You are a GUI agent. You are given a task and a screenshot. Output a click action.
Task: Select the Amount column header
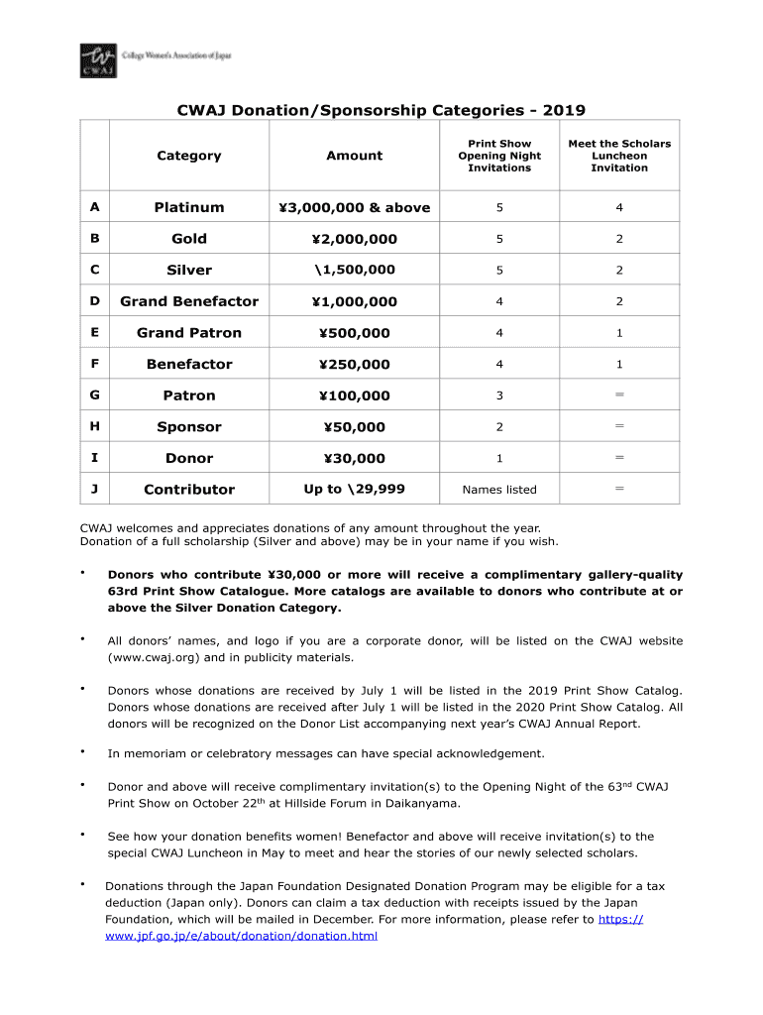pos(354,156)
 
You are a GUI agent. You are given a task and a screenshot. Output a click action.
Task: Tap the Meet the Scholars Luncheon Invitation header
pos(619,156)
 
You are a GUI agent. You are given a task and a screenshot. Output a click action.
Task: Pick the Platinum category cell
pos(188,207)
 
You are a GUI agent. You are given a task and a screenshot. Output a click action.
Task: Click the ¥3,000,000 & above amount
pos(354,207)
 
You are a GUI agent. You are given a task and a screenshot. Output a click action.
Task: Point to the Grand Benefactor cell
pos(188,301)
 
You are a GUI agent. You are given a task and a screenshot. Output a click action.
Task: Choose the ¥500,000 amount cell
pos(354,333)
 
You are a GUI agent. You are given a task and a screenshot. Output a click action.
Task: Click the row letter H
pos(94,427)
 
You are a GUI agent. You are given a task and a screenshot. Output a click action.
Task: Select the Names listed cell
pos(499,490)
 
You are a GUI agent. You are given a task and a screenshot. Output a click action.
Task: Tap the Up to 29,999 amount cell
pos(354,489)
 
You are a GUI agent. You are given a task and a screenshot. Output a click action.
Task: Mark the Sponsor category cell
pos(188,427)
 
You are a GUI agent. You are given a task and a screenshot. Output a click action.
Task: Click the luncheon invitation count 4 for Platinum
pos(619,208)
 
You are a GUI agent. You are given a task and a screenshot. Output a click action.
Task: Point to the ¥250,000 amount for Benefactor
pos(354,365)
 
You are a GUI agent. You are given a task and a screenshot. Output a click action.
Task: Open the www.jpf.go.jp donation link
pos(241,936)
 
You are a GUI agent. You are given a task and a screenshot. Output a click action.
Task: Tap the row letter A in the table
pos(94,207)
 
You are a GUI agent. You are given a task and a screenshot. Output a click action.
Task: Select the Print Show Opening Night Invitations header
pos(499,156)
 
